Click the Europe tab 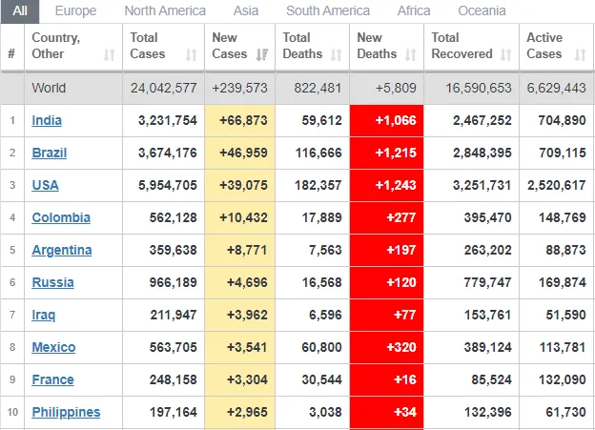pyautogui.click(x=75, y=10)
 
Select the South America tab pyautogui.click(x=328, y=10)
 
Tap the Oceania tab pyautogui.click(x=482, y=10)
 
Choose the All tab pyautogui.click(x=20, y=10)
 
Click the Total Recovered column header pyautogui.click(x=462, y=46)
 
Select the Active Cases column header pyautogui.click(x=545, y=46)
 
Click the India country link pyautogui.click(x=47, y=120)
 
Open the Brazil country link pyautogui.click(x=49, y=153)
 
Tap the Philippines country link pyautogui.click(x=66, y=412)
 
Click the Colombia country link pyautogui.click(x=61, y=217)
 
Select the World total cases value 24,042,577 pyautogui.click(x=164, y=88)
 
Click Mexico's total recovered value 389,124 pyautogui.click(x=484, y=347)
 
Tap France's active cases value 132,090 pyautogui.click(x=562, y=379)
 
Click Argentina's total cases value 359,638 pyautogui.click(x=168, y=250)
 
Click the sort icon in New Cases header pyautogui.click(x=262, y=54)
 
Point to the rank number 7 pyautogui.click(x=12, y=315)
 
